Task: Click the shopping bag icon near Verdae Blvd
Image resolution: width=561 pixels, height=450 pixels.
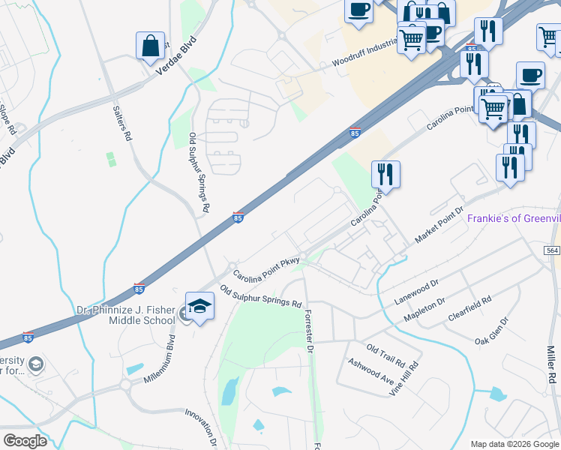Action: pos(150,45)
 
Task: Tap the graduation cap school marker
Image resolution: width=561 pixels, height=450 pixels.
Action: pos(199,305)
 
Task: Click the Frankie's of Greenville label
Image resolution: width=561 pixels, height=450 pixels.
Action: pos(514,218)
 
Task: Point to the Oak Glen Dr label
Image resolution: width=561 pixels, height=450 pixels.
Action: pos(492,330)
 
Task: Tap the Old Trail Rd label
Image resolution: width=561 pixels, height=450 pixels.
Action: pos(385,349)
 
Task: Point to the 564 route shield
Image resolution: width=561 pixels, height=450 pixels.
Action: pos(552,250)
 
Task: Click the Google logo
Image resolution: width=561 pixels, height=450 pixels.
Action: pos(25,441)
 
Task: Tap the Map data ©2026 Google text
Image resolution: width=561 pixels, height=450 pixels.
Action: pos(514,444)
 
